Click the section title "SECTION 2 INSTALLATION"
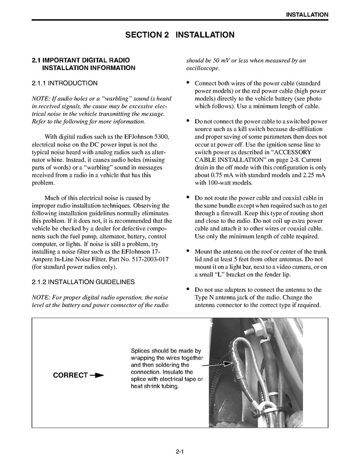(x=180, y=35)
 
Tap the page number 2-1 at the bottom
(x=180, y=452)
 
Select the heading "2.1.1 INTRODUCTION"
(x=64, y=83)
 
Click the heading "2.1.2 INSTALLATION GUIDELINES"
(x=83, y=282)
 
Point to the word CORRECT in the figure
(x=70, y=376)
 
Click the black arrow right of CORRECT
(x=97, y=376)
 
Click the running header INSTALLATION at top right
(x=307, y=15)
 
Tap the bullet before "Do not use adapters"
(x=187, y=289)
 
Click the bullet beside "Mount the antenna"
(x=187, y=251)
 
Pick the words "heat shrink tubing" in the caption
(x=155, y=387)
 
